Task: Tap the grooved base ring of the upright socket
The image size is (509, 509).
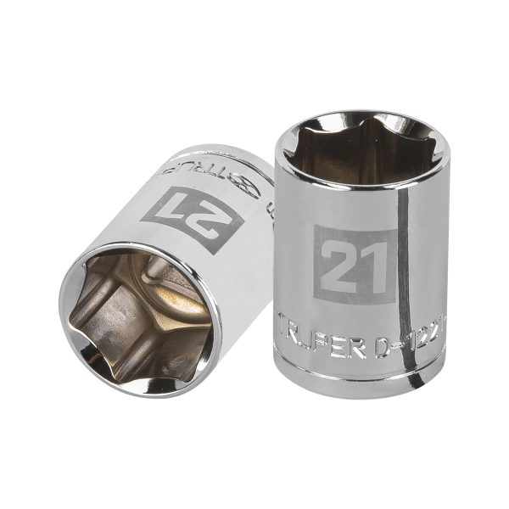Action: (361, 373)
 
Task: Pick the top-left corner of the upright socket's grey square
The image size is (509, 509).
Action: (315, 227)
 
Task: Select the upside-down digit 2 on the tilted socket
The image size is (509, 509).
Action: (214, 219)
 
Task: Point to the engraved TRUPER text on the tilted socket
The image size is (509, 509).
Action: (221, 171)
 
